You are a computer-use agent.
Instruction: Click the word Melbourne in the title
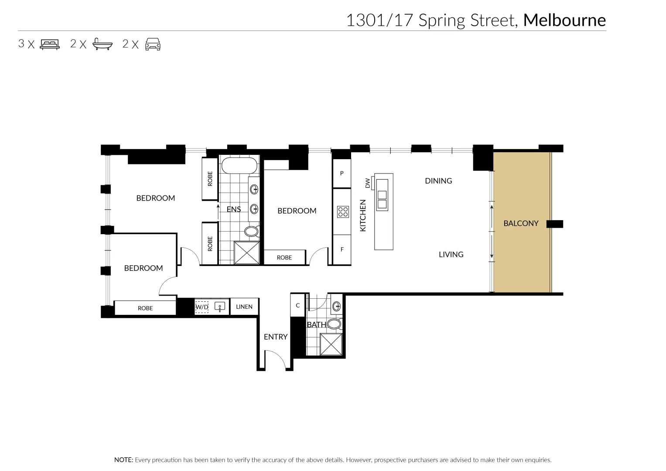pyautogui.click(x=564, y=20)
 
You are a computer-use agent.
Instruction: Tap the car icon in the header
pyautogui.click(x=153, y=44)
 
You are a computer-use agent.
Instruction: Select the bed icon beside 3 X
pyautogui.click(x=50, y=44)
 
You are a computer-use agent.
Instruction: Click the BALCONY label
pyautogui.click(x=521, y=223)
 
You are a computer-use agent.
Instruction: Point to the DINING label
pyautogui.click(x=438, y=181)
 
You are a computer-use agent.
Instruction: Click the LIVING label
pyautogui.click(x=451, y=254)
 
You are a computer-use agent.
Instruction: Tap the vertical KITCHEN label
pyautogui.click(x=362, y=215)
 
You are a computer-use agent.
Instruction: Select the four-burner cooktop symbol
pyautogui.click(x=343, y=212)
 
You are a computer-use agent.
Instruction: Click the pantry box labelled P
pyautogui.click(x=342, y=173)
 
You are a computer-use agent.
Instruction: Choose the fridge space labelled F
pyautogui.click(x=342, y=249)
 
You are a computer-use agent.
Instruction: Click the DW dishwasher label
pyautogui.click(x=367, y=183)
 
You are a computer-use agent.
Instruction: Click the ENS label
pyautogui.click(x=234, y=209)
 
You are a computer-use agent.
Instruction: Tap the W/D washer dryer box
pyautogui.click(x=202, y=307)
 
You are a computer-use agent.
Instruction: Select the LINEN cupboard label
pyautogui.click(x=244, y=307)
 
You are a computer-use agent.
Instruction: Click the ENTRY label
pyautogui.click(x=276, y=337)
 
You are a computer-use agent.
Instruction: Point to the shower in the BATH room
pyautogui.click(x=331, y=345)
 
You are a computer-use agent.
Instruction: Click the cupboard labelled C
pyautogui.click(x=298, y=305)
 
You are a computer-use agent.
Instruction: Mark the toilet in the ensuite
pyautogui.click(x=252, y=231)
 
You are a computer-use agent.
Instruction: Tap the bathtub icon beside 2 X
pyautogui.click(x=102, y=44)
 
